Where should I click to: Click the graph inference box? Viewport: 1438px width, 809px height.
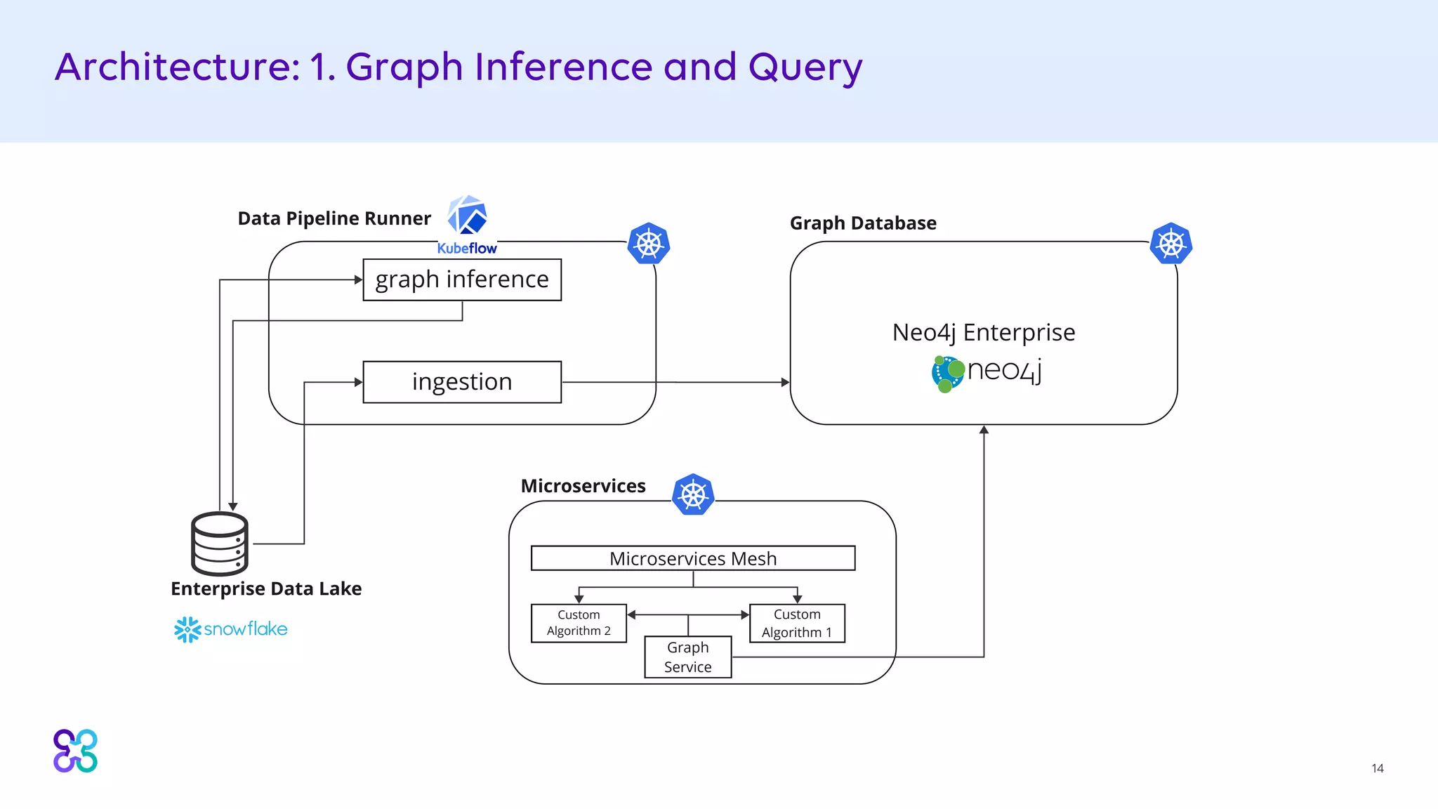[462, 279]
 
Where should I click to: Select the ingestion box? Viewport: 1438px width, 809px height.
[462, 382]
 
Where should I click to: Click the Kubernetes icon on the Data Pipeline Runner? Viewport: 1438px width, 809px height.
[648, 244]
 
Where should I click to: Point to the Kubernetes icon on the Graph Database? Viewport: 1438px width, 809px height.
[1170, 244]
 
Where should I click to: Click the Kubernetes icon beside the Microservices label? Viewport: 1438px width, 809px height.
[693, 494]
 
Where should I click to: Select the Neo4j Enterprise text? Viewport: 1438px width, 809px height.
[983, 332]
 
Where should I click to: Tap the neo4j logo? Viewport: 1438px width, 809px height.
[987, 373]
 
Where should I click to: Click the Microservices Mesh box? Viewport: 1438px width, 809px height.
[693, 558]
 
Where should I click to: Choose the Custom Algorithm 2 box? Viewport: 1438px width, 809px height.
[579, 623]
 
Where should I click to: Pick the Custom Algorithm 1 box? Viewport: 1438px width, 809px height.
[797, 623]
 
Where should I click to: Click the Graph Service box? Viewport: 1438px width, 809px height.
[688, 657]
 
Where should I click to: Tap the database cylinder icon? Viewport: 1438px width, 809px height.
[220, 544]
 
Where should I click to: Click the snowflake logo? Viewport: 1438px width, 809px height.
[231, 629]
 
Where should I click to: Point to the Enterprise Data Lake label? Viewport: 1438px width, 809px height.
[266, 588]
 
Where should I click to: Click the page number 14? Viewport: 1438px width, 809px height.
[1377, 768]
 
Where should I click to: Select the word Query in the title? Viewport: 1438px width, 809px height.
[805, 68]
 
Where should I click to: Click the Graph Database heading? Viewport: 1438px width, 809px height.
[863, 223]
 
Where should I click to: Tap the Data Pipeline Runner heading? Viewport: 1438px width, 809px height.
[334, 218]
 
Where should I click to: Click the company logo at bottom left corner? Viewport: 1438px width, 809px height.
[76, 751]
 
